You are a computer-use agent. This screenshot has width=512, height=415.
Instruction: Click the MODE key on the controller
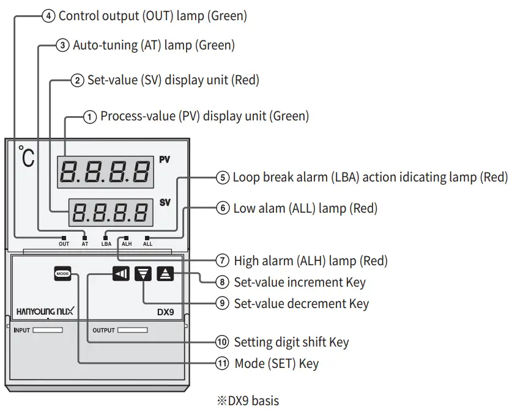click(62, 274)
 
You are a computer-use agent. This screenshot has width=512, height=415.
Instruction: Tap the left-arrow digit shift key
click(121, 274)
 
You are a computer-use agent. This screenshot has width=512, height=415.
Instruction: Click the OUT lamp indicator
click(64, 237)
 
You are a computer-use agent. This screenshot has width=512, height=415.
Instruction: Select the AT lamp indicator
click(85, 237)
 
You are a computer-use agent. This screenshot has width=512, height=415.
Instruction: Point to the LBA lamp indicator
click(106, 237)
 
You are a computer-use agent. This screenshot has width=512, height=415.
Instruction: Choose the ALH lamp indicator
click(127, 237)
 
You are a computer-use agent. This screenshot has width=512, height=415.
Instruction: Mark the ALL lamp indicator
click(147, 237)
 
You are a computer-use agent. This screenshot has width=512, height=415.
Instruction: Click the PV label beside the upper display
click(165, 160)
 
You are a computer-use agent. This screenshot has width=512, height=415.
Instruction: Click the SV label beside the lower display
click(165, 202)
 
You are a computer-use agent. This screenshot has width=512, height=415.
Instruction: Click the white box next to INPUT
click(48, 330)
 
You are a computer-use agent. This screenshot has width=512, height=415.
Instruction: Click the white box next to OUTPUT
click(132, 330)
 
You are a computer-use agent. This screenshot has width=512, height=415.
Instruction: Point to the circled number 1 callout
click(90, 116)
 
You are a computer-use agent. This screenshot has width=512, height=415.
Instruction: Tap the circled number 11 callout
click(221, 364)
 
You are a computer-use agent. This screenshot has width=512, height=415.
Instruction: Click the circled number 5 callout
click(222, 178)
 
